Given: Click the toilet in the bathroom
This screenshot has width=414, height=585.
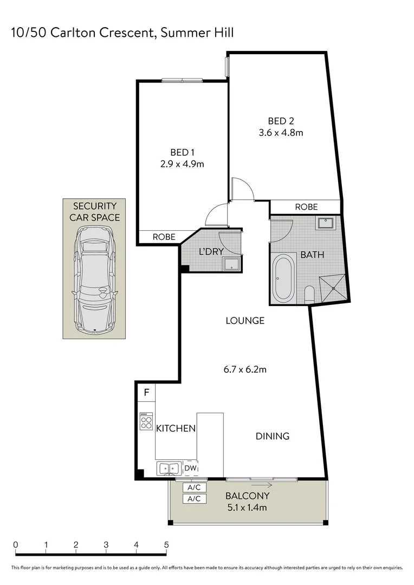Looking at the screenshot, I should click(x=309, y=294).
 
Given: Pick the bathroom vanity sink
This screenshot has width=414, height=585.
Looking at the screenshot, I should click(x=327, y=222).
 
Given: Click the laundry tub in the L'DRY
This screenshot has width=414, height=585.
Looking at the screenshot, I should click(x=232, y=264).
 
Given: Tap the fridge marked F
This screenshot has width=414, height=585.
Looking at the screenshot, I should click(x=146, y=392).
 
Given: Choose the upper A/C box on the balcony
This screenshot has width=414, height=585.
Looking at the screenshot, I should click(x=194, y=487).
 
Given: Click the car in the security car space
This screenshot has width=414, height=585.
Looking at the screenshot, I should click(x=95, y=279).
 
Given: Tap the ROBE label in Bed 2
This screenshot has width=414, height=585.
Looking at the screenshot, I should click(x=306, y=207).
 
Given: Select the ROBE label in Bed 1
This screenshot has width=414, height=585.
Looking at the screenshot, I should click(x=164, y=237).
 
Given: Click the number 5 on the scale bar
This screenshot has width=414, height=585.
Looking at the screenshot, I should click(x=166, y=545).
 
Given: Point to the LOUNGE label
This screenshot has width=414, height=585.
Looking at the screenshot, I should click(x=245, y=321).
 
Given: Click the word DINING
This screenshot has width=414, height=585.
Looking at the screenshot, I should click(x=273, y=436).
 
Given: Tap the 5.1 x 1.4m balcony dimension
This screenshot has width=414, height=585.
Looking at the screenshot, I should click(x=248, y=508).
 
